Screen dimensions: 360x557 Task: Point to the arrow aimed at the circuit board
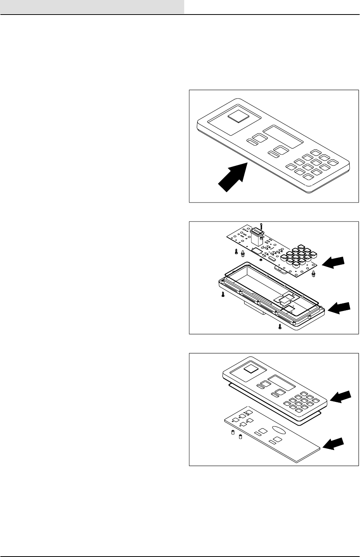(x=333, y=262)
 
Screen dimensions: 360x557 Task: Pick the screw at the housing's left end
(x=222, y=295)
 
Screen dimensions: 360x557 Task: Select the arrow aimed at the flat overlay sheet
(x=334, y=444)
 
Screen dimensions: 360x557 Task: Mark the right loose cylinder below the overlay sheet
(x=240, y=437)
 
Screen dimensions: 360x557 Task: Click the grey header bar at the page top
(x=92, y=7)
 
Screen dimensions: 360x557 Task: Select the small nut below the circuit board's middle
(x=260, y=260)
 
